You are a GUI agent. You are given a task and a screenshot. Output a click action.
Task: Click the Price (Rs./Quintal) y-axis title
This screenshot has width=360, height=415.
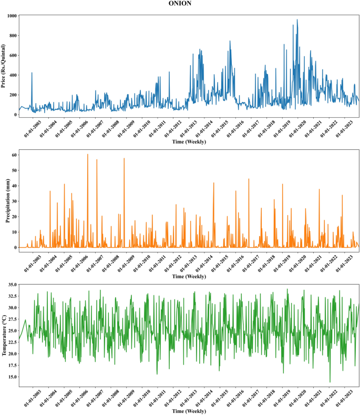pyautogui.click(x=4, y=66)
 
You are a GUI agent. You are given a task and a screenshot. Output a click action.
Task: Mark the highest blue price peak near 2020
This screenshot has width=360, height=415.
pyautogui.click(x=297, y=20)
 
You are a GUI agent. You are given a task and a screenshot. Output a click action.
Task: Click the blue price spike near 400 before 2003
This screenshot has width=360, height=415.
pyautogui.click(x=32, y=73)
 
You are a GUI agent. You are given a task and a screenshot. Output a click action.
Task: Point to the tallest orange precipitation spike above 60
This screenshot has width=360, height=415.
pyautogui.click(x=87, y=155)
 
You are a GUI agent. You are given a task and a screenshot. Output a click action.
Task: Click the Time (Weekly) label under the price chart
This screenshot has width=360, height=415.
pyautogui.click(x=189, y=142)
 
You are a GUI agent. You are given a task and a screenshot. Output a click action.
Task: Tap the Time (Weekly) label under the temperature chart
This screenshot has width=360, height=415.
pyautogui.click(x=189, y=411)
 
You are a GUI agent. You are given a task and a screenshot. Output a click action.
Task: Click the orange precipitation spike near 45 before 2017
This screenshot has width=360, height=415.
pyautogui.click(x=249, y=179)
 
